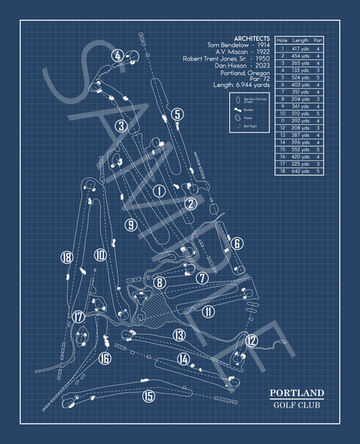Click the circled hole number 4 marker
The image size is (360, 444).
[x=118, y=55]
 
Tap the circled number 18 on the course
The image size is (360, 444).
[x=67, y=257]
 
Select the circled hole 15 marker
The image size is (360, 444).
[x=149, y=397]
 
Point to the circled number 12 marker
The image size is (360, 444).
[x=251, y=340]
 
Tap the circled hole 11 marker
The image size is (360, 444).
[x=209, y=312]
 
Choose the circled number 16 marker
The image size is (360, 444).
[x=105, y=358]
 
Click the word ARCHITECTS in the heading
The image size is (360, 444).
[x=251, y=38]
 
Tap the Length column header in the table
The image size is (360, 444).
[x=300, y=40]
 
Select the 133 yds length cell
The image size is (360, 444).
[x=300, y=70]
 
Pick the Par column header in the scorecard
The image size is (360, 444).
[x=318, y=40]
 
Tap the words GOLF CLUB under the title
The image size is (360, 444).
[x=295, y=407]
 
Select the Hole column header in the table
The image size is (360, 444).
[x=282, y=40]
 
